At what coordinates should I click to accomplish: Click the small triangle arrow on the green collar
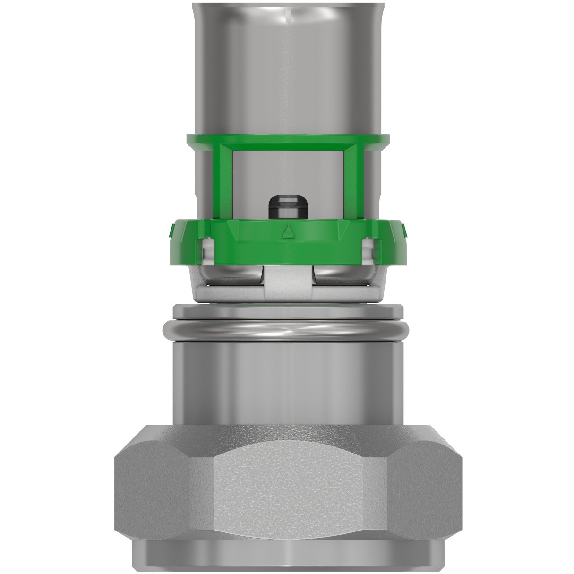(x=286, y=231)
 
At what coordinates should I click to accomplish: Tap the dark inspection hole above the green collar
(x=286, y=206)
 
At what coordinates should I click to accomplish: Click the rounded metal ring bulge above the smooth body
(x=287, y=329)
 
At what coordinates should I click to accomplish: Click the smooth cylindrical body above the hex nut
(x=287, y=378)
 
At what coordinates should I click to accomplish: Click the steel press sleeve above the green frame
(x=287, y=66)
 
